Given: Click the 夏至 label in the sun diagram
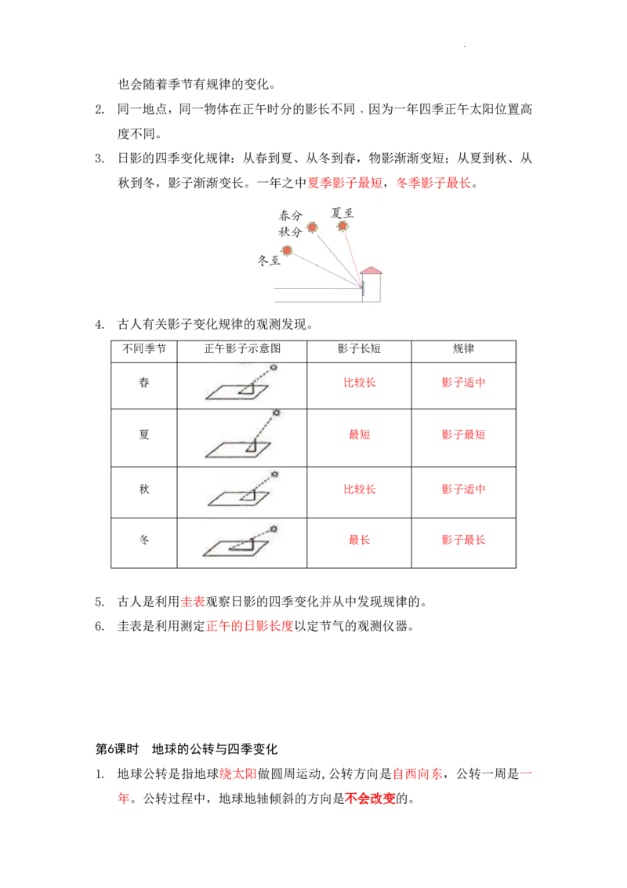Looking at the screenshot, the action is click(342, 213).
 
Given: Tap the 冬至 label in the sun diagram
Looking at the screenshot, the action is click(269, 260).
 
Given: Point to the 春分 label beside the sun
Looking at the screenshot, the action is click(290, 215).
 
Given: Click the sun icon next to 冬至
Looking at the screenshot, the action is click(287, 249).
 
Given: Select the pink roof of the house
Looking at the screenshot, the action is click(371, 271).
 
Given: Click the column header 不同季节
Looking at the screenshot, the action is click(144, 349).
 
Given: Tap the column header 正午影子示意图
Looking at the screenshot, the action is click(242, 349).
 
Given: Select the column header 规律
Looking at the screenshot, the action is click(463, 349).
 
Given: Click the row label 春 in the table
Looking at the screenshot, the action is click(144, 382).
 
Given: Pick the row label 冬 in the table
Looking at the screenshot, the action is click(144, 540).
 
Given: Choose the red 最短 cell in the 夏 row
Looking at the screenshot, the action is click(359, 435).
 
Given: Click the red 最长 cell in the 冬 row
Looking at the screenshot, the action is click(359, 540).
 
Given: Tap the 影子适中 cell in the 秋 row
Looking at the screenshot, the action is click(463, 489).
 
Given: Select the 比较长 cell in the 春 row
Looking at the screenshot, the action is click(359, 382).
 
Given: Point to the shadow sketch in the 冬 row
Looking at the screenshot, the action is click(237, 540).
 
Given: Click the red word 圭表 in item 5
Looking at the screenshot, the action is click(192, 602).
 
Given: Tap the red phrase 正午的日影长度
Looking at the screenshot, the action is click(249, 626).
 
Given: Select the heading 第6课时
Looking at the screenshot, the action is click(117, 749).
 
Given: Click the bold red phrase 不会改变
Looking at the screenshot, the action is click(370, 799).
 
